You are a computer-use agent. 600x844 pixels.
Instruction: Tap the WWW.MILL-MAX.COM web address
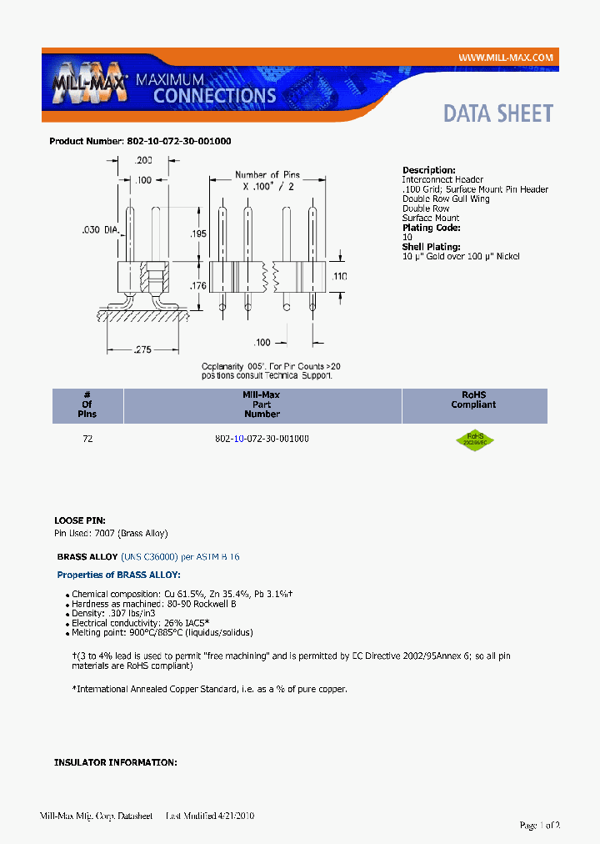click(505, 57)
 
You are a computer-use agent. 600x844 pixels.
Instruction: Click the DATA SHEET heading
click(497, 113)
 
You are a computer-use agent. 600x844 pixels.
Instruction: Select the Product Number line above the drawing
click(140, 141)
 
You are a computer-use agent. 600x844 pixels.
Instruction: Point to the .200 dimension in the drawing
click(143, 159)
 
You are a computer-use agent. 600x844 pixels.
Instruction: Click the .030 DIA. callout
click(101, 229)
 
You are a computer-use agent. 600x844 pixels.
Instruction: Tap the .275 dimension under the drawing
click(142, 350)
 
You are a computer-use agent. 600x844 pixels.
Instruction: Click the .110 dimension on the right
click(339, 276)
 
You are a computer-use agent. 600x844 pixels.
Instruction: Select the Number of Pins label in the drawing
click(267, 175)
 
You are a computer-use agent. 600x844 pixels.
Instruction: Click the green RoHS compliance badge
click(474, 439)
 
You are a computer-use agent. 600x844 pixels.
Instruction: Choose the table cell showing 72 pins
click(87, 439)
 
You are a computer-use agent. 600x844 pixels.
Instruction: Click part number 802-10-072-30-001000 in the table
click(262, 439)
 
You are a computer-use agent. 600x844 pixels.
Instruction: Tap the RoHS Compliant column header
click(473, 399)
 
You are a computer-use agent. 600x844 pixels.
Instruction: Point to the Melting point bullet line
click(162, 632)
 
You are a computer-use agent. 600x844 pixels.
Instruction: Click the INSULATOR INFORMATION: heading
click(115, 762)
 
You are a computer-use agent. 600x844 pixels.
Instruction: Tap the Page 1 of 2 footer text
click(539, 825)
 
